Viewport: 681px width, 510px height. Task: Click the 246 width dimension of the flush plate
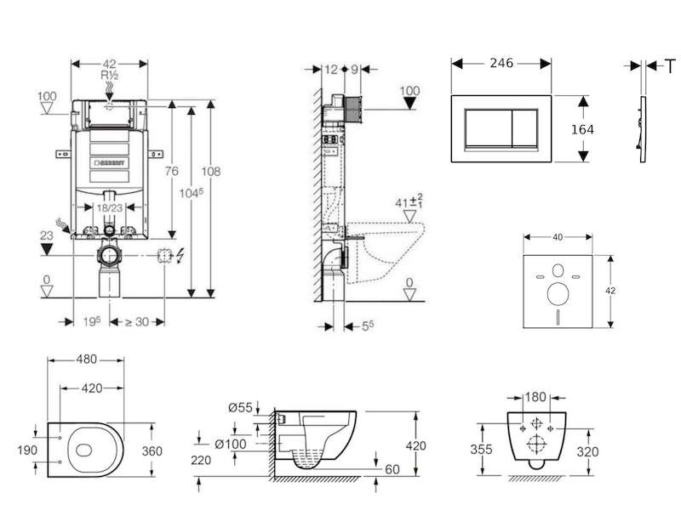pos(501,63)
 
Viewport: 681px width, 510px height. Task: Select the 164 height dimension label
pos(582,129)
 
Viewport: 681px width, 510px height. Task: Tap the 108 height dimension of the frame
pos(210,171)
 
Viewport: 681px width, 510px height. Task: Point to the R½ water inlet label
pos(110,75)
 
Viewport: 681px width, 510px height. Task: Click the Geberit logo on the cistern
pos(110,163)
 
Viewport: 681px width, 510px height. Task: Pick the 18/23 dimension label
pos(110,207)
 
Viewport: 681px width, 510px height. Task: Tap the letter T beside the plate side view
pos(671,66)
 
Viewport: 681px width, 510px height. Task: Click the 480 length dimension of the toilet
pos(87,359)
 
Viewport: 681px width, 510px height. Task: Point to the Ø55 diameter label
pos(240,407)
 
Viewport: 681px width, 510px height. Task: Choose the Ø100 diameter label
pos(231,444)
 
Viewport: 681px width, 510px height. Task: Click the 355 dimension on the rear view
pos(481,449)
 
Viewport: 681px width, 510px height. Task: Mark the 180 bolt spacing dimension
pos(535,397)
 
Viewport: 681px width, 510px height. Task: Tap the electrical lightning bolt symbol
pos(180,256)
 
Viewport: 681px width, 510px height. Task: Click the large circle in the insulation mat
pos(558,293)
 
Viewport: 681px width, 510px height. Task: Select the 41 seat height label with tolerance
pos(409,201)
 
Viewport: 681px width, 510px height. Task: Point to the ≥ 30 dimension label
pos(137,322)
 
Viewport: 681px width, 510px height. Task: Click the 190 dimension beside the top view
pos(27,450)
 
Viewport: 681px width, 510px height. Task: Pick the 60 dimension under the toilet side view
pos(392,469)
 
